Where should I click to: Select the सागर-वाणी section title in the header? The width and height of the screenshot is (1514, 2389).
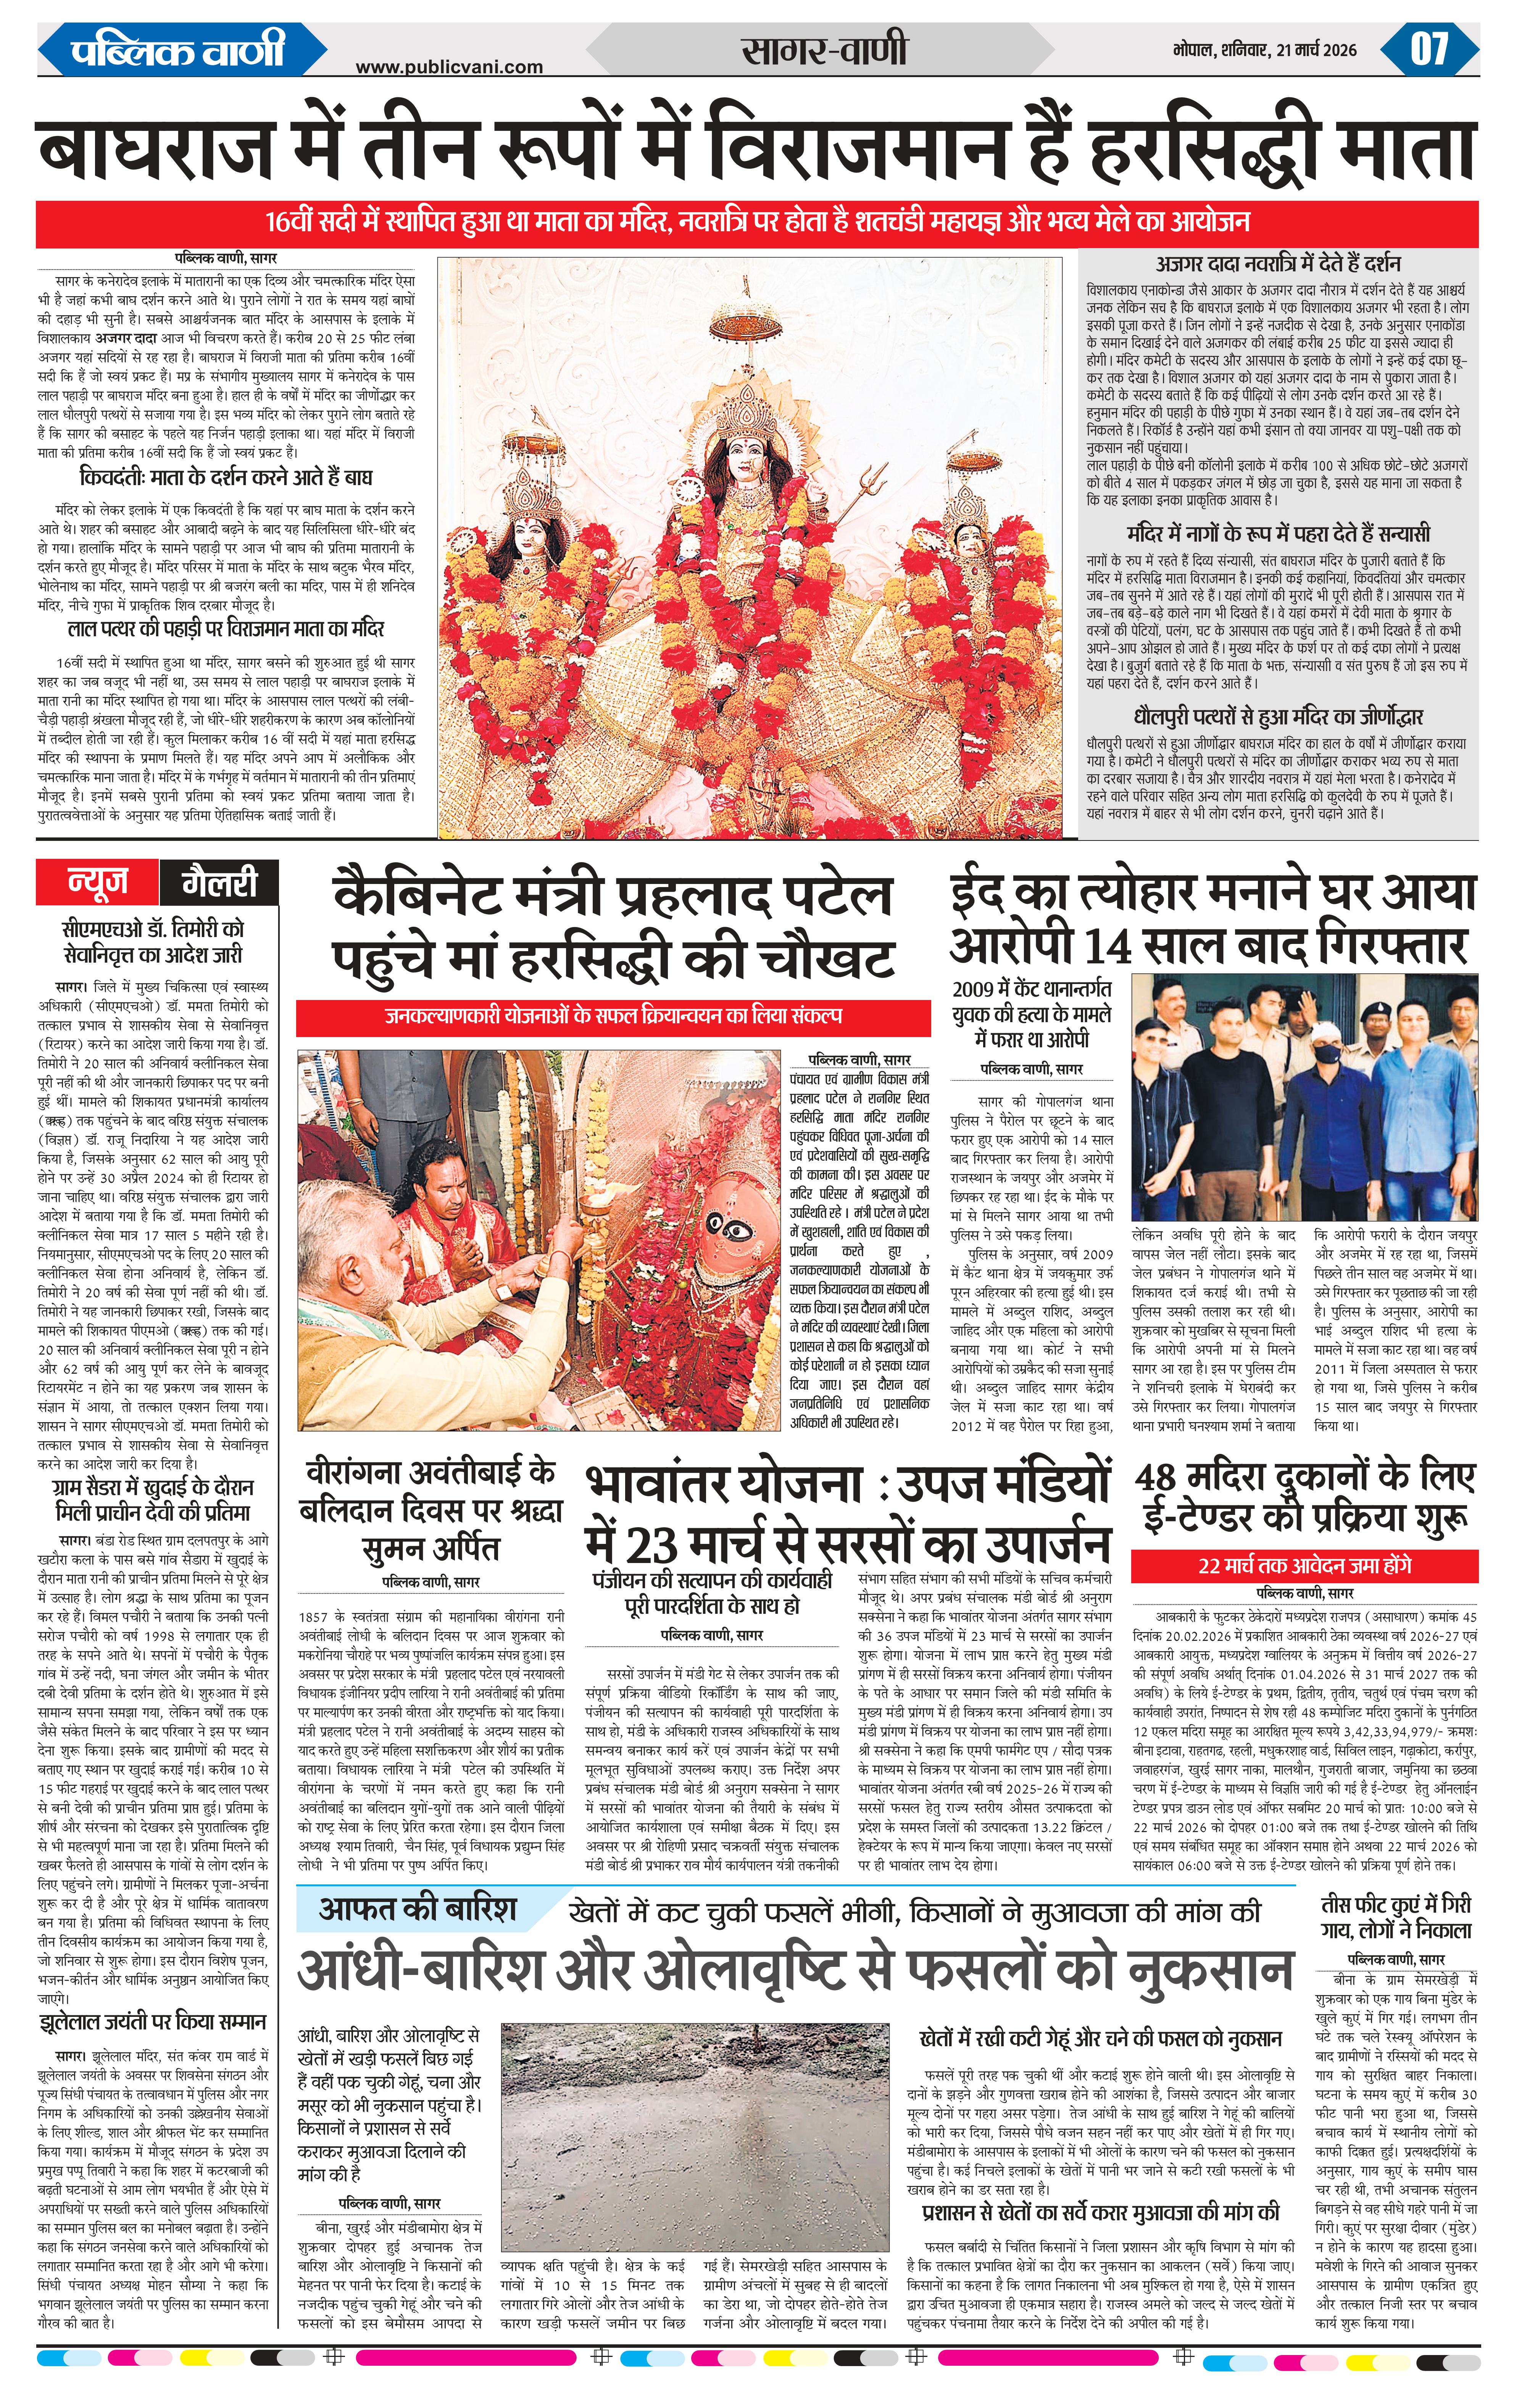(824, 50)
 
